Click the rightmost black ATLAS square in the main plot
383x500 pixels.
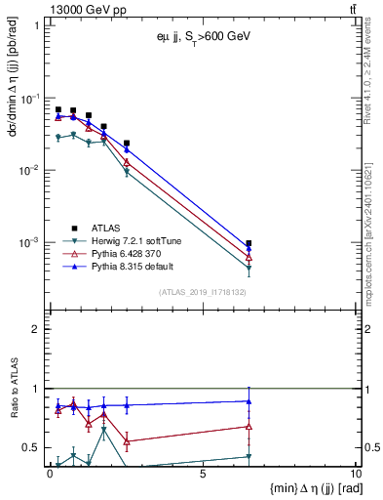pyautogui.click(x=249, y=243)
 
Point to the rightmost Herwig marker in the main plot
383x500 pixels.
pyautogui.click(x=249, y=269)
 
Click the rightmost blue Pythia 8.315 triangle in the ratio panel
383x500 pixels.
pyautogui.click(x=249, y=400)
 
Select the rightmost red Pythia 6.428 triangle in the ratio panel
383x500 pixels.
pyautogui.click(x=249, y=426)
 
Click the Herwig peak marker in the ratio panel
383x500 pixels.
pyautogui.click(x=104, y=430)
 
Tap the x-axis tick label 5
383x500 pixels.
pyautogui.click(x=202, y=475)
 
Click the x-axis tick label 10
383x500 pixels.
pyautogui.click(x=353, y=475)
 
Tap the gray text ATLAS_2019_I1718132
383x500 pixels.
pyautogui.click(x=202, y=291)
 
